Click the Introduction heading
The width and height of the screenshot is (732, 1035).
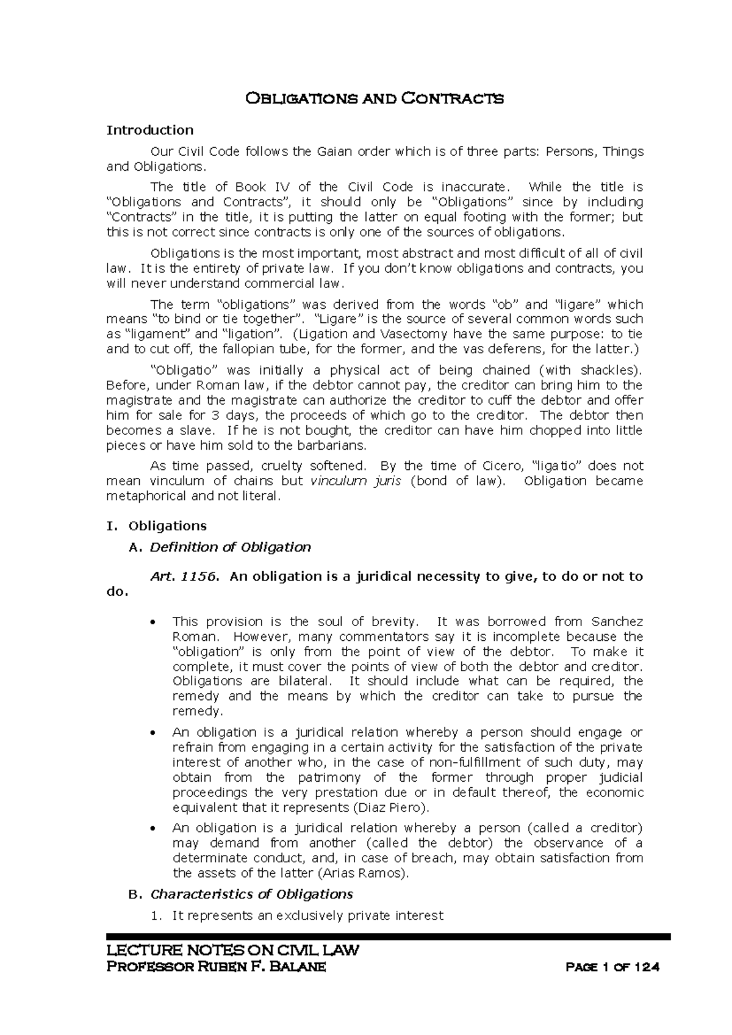click(150, 129)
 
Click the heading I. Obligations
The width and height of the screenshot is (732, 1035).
click(157, 525)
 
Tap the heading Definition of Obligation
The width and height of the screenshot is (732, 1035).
click(230, 547)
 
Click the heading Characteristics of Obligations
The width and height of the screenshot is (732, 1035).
click(251, 894)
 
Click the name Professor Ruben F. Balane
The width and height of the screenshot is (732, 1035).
click(217, 967)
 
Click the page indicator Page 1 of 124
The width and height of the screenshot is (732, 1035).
click(613, 968)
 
